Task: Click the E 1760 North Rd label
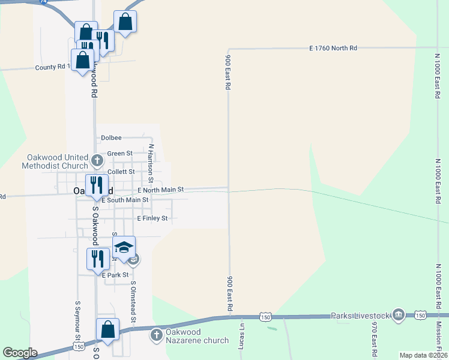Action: tap(333, 47)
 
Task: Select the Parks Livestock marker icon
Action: tap(398, 315)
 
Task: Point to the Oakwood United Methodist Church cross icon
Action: tap(98, 160)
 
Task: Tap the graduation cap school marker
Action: tap(124, 248)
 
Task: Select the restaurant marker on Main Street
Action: tap(95, 185)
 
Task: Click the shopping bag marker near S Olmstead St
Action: tap(108, 329)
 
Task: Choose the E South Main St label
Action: tap(125, 200)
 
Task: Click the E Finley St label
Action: tap(152, 218)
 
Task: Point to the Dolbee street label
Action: tap(111, 137)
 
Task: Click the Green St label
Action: tap(119, 154)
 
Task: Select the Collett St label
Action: tap(121, 172)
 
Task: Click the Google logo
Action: tap(20, 353)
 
